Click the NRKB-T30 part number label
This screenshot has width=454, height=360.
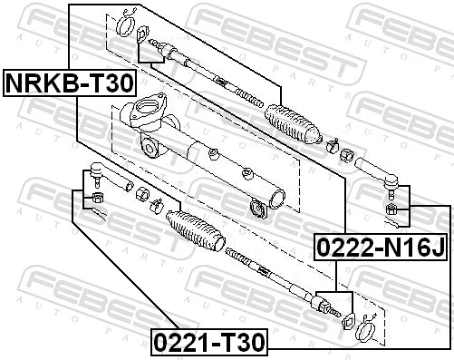[71, 83]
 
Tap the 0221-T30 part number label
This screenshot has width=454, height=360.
[209, 343]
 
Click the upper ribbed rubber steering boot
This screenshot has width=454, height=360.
[290, 124]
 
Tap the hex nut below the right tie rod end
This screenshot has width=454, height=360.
[393, 209]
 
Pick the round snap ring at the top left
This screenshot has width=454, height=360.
[127, 19]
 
